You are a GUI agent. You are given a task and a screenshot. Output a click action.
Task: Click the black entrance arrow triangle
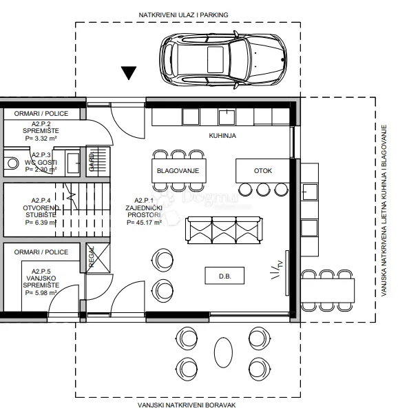[129, 72]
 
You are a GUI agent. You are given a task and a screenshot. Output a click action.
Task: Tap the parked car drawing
[224, 60]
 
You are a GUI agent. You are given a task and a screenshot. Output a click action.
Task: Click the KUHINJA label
[222, 136]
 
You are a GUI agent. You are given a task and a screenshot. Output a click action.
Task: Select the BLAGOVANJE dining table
[179, 171]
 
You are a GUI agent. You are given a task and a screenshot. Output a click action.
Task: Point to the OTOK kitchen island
[263, 171]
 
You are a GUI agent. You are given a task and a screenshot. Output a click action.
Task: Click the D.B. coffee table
[224, 276]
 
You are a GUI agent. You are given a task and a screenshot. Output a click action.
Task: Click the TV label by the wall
[280, 264]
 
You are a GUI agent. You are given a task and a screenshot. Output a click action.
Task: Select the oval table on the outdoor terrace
[224, 352]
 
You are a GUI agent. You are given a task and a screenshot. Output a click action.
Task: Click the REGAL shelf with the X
[98, 258]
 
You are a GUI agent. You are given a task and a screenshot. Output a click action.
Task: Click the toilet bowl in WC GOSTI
[11, 163]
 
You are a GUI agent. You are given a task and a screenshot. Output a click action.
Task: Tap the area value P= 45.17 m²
[144, 223]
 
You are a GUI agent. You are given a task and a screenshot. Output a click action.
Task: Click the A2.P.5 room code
[41, 272]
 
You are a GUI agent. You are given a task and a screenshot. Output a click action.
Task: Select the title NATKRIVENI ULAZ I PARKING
[183, 15]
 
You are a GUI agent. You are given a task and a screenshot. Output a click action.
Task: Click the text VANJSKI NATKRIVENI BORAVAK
[187, 405]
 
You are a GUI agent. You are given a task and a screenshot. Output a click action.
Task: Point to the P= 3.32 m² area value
[41, 138]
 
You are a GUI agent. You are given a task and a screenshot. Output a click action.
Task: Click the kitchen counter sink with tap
[227, 117]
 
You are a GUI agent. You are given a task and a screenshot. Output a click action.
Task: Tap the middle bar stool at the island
[263, 190]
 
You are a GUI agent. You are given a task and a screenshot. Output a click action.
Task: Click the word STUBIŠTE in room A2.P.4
[41, 215]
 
